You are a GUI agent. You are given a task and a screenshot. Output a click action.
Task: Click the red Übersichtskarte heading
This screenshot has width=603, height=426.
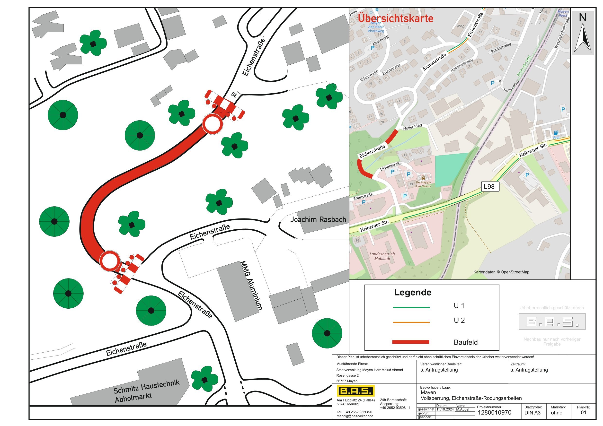(x=396, y=18)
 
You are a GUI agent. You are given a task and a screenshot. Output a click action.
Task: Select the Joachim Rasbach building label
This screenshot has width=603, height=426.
(x=318, y=219)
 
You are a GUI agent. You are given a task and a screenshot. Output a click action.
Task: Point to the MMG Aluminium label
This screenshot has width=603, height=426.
(x=251, y=286)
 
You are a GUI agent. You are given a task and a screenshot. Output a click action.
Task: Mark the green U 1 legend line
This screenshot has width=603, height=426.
(x=411, y=307)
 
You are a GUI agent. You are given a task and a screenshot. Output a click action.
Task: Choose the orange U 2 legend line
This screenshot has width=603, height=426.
(x=411, y=322)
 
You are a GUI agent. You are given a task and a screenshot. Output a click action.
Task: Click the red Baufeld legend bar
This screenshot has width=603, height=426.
(x=410, y=342)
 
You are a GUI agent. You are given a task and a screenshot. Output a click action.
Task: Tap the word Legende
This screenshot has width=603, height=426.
(x=413, y=292)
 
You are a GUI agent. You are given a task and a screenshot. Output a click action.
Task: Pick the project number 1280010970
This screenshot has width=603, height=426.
(x=494, y=413)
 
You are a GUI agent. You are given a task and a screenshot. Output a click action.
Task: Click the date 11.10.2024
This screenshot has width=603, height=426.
(x=445, y=409)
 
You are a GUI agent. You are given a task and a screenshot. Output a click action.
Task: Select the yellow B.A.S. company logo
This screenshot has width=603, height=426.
(x=356, y=391)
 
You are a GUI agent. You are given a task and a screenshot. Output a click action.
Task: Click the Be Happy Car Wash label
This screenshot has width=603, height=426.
(x=423, y=184)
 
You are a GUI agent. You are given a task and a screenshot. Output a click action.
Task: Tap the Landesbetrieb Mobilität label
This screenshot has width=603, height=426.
(x=382, y=256)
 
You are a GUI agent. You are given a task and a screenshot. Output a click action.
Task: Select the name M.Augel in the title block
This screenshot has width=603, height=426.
(x=462, y=409)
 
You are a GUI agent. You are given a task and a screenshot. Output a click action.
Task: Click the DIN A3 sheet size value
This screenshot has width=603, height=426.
(x=532, y=413)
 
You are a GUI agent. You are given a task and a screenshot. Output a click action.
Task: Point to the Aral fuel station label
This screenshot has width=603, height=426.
(x=556, y=138)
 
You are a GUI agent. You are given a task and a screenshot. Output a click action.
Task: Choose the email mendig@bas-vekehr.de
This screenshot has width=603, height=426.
(x=355, y=416)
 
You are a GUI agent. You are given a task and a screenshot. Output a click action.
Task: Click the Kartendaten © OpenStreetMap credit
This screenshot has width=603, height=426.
(x=501, y=272)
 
